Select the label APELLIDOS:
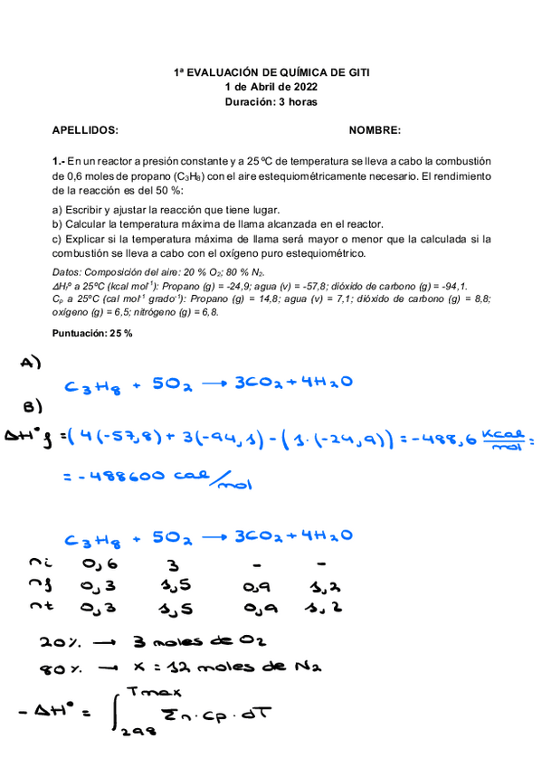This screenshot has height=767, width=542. (x=85, y=130)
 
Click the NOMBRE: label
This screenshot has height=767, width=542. (x=375, y=130)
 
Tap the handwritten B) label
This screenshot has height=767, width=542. (x=33, y=404)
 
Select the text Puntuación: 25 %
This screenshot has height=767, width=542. (x=92, y=333)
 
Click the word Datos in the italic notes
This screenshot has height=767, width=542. (x=66, y=272)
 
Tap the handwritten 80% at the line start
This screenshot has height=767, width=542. (x=56, y=671)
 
